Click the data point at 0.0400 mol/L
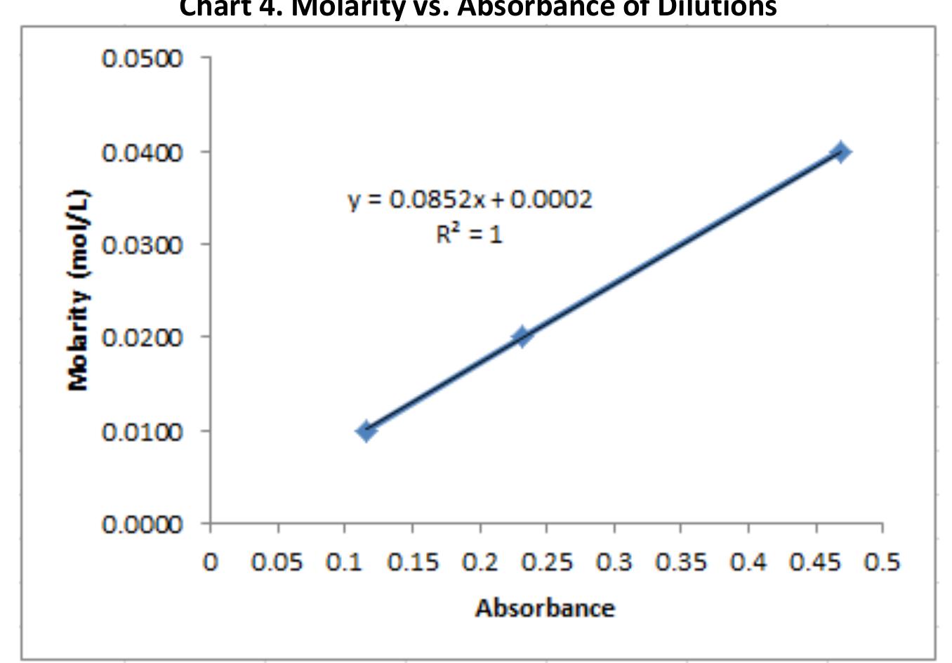(x=840, y=151)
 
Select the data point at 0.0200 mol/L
(x=522, y=336)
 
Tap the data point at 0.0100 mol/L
(x=365, y=431)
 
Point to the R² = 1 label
(x=469, y=233)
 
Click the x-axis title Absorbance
(x=545, y=608)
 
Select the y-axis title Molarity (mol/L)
(x=79, y=290)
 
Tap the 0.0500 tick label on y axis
(x=143, y=58)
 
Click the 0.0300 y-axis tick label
(x=143, y=245)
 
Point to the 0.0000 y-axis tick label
(x=143, y=524)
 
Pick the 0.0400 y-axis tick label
(x=143, y=152)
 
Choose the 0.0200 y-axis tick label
(x=143, y=338)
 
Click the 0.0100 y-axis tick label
(x=143, y=431)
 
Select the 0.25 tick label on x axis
(x=546, y=563)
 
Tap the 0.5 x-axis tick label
(x=882, y=563)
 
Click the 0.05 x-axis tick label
(x=277, y=563)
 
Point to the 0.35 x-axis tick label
(x=680, y=563)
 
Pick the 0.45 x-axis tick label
(x=815, y=563)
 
